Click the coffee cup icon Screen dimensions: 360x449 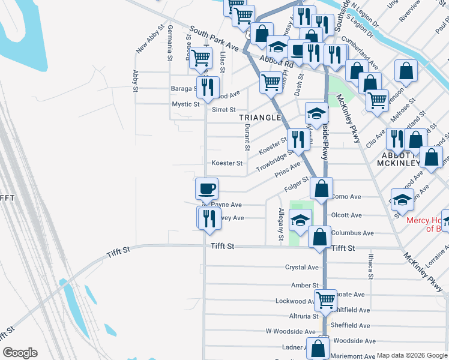point(206,189)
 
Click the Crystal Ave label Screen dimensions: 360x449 point(302,268)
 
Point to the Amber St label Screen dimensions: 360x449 point(305,286)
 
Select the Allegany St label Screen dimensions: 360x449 point(281,224)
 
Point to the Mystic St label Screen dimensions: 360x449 point(185,104)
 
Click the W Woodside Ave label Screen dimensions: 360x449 point(291,331)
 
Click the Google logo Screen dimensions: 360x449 point(20,353)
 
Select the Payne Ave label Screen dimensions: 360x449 point(226,205)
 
